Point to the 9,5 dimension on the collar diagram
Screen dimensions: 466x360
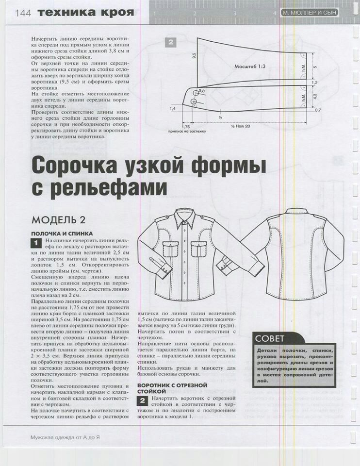[194, 56]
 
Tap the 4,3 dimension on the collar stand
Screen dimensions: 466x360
[314, 97]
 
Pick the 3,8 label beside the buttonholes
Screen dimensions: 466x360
[201, 91]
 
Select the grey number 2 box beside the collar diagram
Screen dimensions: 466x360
[170, 42]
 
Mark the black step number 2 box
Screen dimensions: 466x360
[142, 400]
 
